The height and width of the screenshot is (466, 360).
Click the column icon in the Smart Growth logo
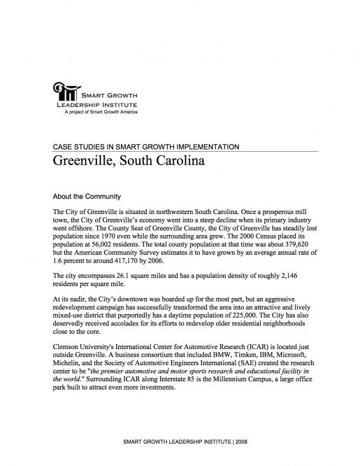click(x=66, y=92)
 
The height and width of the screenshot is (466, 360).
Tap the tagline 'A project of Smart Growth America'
click(x=101, y=112)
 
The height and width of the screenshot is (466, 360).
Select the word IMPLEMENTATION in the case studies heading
click(x=206, y=147)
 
